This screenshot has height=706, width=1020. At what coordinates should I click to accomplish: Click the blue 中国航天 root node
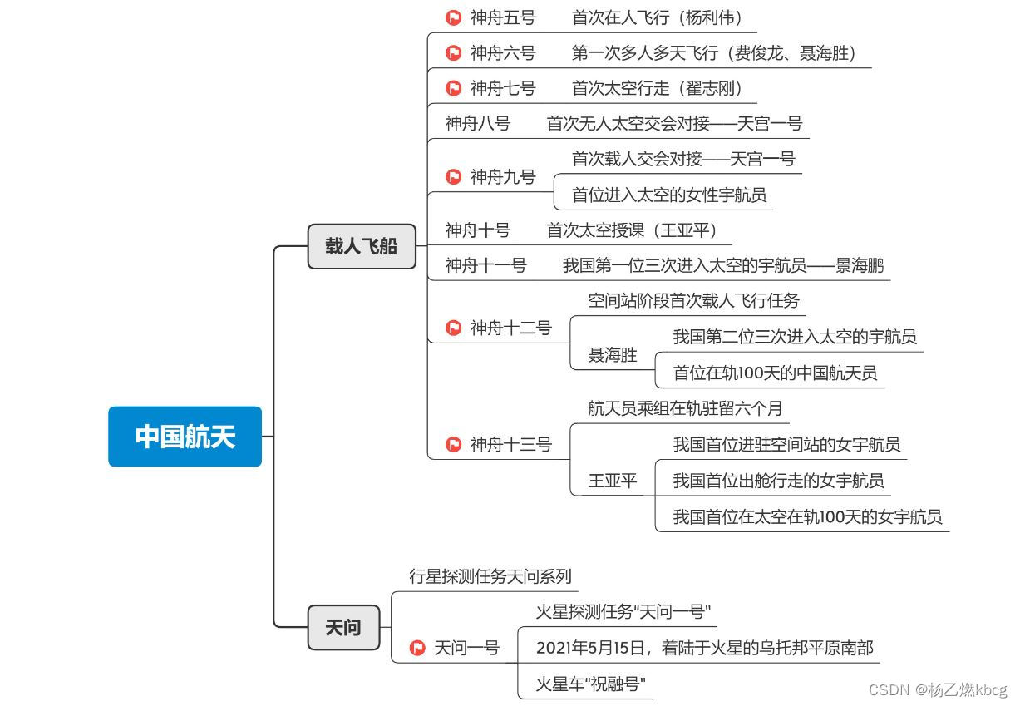point(185,437)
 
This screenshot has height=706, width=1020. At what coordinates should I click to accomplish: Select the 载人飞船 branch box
point(361,246)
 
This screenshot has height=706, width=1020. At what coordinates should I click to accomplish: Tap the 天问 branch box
point(342,627)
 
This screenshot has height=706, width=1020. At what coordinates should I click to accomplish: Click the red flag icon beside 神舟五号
point(454,17)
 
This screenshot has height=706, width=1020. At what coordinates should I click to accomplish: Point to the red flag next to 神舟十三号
point(454,445)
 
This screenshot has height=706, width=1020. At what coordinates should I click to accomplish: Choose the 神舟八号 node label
point(477,124)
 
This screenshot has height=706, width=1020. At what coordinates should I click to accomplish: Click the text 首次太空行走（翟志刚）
point(657,88)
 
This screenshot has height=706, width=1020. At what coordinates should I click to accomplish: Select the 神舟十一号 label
point(485,265)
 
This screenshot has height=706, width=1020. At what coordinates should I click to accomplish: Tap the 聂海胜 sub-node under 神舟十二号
point(613,355)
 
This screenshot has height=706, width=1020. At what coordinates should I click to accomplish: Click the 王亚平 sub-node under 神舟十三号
point(613,481)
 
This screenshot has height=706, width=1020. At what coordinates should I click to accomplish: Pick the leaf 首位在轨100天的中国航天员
point(775,373)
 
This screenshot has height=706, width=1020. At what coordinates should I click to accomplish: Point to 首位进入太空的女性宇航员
point(668,195)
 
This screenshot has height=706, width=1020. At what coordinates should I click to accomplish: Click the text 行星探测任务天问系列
point(490,576)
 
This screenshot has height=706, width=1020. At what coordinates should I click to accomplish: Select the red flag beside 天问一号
point(417,648)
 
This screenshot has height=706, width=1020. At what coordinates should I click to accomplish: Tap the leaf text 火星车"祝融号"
point(590,684)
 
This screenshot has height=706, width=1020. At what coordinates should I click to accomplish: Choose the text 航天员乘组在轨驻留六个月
point(685,408)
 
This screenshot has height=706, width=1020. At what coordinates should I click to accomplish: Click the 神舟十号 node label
point(477,230)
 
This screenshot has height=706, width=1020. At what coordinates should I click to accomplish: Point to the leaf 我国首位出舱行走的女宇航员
point(778,481)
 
